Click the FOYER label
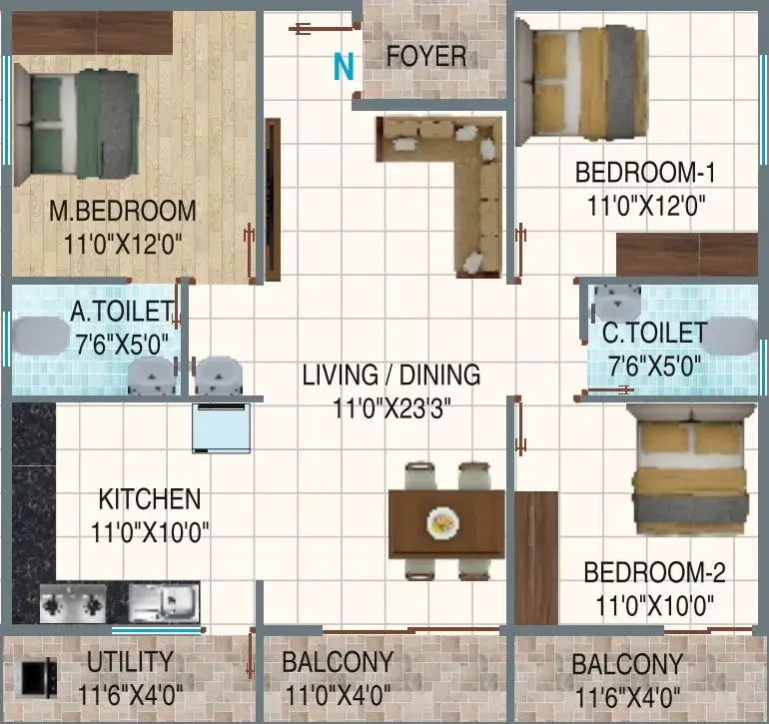click(x=426, y=56)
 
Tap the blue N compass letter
click(x=344, y=66)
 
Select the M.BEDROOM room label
click(x=123, y=211)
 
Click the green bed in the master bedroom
click(x=76, y=125)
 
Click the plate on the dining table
click(x=442, y=523)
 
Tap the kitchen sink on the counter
click(x=165, y=602)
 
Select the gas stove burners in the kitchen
click(x=73, y=604)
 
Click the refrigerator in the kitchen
click(x=222, y=428)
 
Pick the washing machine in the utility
click(x=35, y=678)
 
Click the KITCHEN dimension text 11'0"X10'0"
click(x=150, y=531)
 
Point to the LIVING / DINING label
click(x=390, y=375)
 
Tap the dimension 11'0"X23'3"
click(x=390, y=408)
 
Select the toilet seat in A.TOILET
click(x=40, y=336)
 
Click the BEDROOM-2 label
click(x=654, y=573)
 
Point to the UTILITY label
click(x=131, y=662)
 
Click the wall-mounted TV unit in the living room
click(x=273, y=200)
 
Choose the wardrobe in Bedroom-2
click(x=536, y=557)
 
